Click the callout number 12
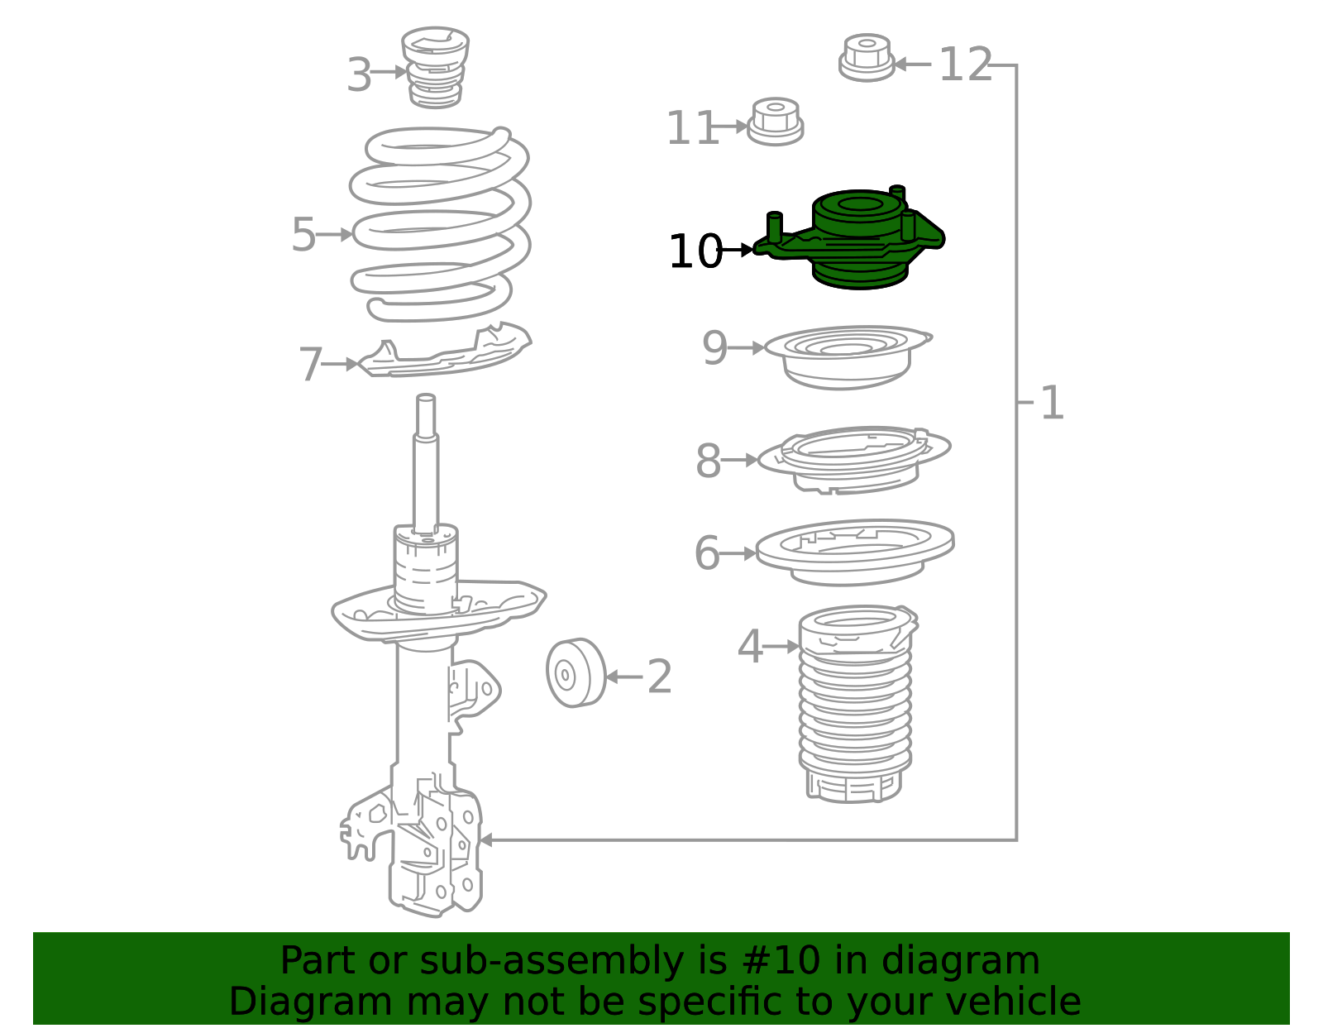[966, 65]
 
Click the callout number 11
[692, 128]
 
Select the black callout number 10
[695, 251]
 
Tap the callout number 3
[359, 74]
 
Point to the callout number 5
[303, 234]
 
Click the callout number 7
[311, 364]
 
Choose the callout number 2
[659, 677]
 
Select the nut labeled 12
[867, 58]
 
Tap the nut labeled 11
[775, 122]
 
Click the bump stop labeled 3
[435, 67]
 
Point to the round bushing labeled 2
[576, 673]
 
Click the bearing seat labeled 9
[848, 357]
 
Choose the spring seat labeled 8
[853, 460]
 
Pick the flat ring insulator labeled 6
[855, 552]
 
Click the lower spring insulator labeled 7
[443, 351]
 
